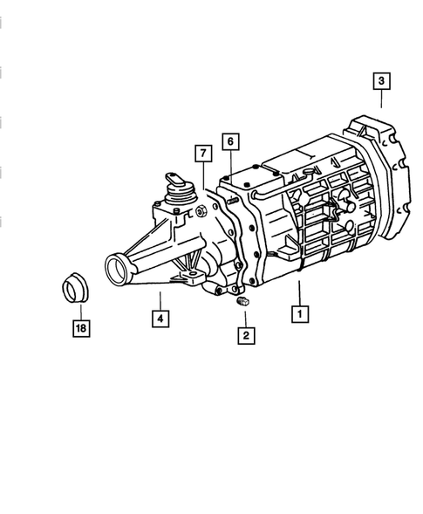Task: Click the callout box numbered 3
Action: [x=381, y=82]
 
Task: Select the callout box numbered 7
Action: [x=202, y=154]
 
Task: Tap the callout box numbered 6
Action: [x=229, y=141]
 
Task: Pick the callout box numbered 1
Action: [x=299, y=312]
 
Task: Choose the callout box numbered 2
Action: [x=245, y=333]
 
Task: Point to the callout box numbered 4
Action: [x=160, y=319]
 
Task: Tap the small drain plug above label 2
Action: [x=242, y=302]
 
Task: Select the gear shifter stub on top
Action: [x=172, y=185]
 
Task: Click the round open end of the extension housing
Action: [x=116, y=264]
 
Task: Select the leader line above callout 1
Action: [x=299, y=293]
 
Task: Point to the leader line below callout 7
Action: [x=202, y=177]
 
